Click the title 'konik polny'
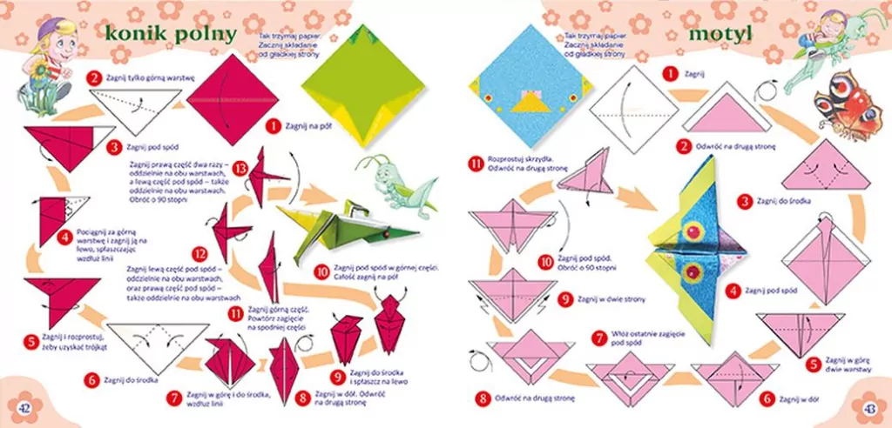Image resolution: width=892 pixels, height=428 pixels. [169, 34]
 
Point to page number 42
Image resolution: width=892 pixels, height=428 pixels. [25, 408]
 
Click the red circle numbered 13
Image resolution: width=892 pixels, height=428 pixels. [240, 166]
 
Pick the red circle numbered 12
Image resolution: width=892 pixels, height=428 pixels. [200, 253]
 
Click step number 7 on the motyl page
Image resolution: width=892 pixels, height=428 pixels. [599, 338]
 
